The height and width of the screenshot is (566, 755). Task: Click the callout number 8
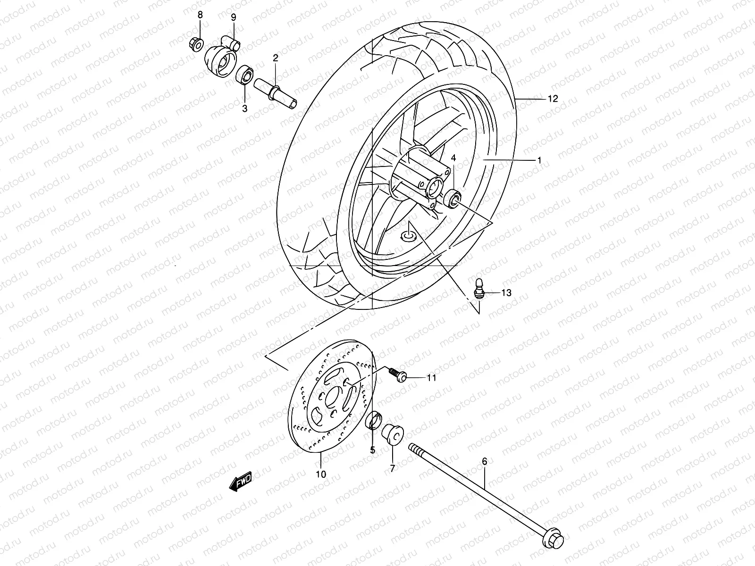pyautogui.click(x=200, y=15)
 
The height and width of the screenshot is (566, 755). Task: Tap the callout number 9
pyautogui.click(x=233, y=17)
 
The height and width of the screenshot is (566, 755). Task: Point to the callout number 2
pyautogui.click(x=275, y=58)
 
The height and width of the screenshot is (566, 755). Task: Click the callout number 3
pyautogui.click(x=244, y=108)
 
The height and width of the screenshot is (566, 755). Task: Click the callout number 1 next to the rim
pyautogui.click(x=539, y=160)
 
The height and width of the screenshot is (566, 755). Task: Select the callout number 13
pyautogui.click(x=506, y=293)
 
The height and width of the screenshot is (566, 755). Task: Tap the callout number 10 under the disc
pyautogui.click(x=320, y=474)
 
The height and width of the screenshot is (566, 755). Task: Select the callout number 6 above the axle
pyautogui.click(x=484, y=463)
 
